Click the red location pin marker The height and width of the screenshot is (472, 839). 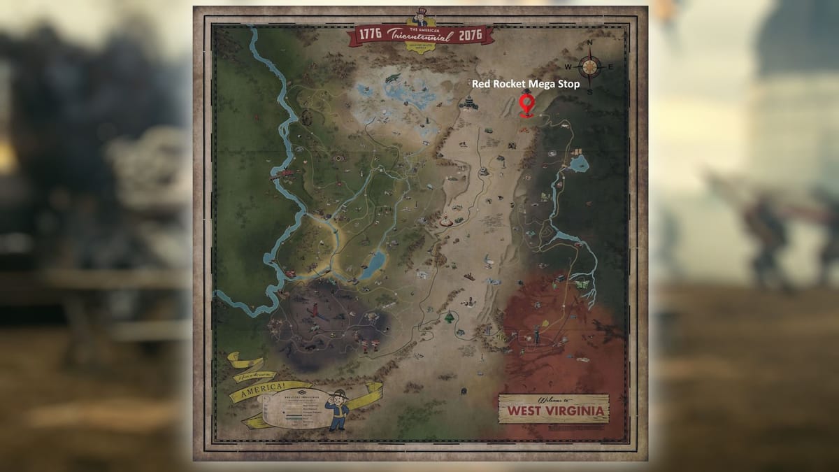(x=526, y=106)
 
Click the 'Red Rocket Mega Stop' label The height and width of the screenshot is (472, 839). (x=526, y=84)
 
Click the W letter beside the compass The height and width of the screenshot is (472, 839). (x=568, y=67)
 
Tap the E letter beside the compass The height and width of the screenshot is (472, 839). (x=611, y=67)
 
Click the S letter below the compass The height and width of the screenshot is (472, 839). (x=590, y=91)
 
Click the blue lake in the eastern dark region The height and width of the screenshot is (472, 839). (x=578, y=164)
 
